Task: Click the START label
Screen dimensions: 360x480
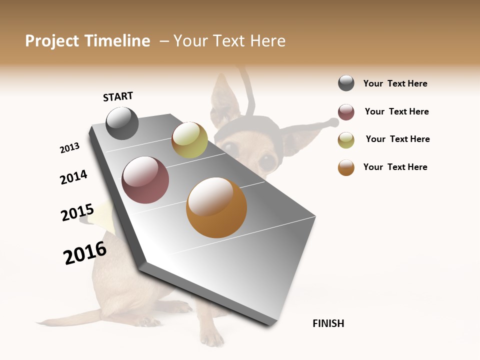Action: coord(118,96)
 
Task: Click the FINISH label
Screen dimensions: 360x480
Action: coord(328,323)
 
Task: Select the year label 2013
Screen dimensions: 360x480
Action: coord(69,148)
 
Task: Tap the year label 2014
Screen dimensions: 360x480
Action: coord(73,177)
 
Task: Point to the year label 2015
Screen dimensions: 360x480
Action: coord(77,212)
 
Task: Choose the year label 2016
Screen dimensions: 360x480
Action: coord(85,253)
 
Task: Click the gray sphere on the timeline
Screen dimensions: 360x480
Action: coord(122,123)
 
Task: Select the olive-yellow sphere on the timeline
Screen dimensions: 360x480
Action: coord(189,140)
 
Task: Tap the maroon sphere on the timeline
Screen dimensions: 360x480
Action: coord(145,180)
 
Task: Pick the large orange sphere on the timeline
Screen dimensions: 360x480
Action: coord(216,207)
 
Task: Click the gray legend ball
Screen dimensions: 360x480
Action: coord(346,83)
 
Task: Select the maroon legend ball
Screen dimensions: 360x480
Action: coord(346,112)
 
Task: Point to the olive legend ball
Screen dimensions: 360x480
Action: coord(346,140)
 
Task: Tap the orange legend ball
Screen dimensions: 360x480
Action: coord(346,167)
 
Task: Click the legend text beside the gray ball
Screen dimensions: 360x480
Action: coord(395,83)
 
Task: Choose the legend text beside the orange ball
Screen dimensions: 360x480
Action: coord(395,167)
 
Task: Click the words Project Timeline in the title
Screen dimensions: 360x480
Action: coord(87,41)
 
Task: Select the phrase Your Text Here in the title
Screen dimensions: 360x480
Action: coord(229,41)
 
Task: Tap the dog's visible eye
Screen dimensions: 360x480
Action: coord(268,160)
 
